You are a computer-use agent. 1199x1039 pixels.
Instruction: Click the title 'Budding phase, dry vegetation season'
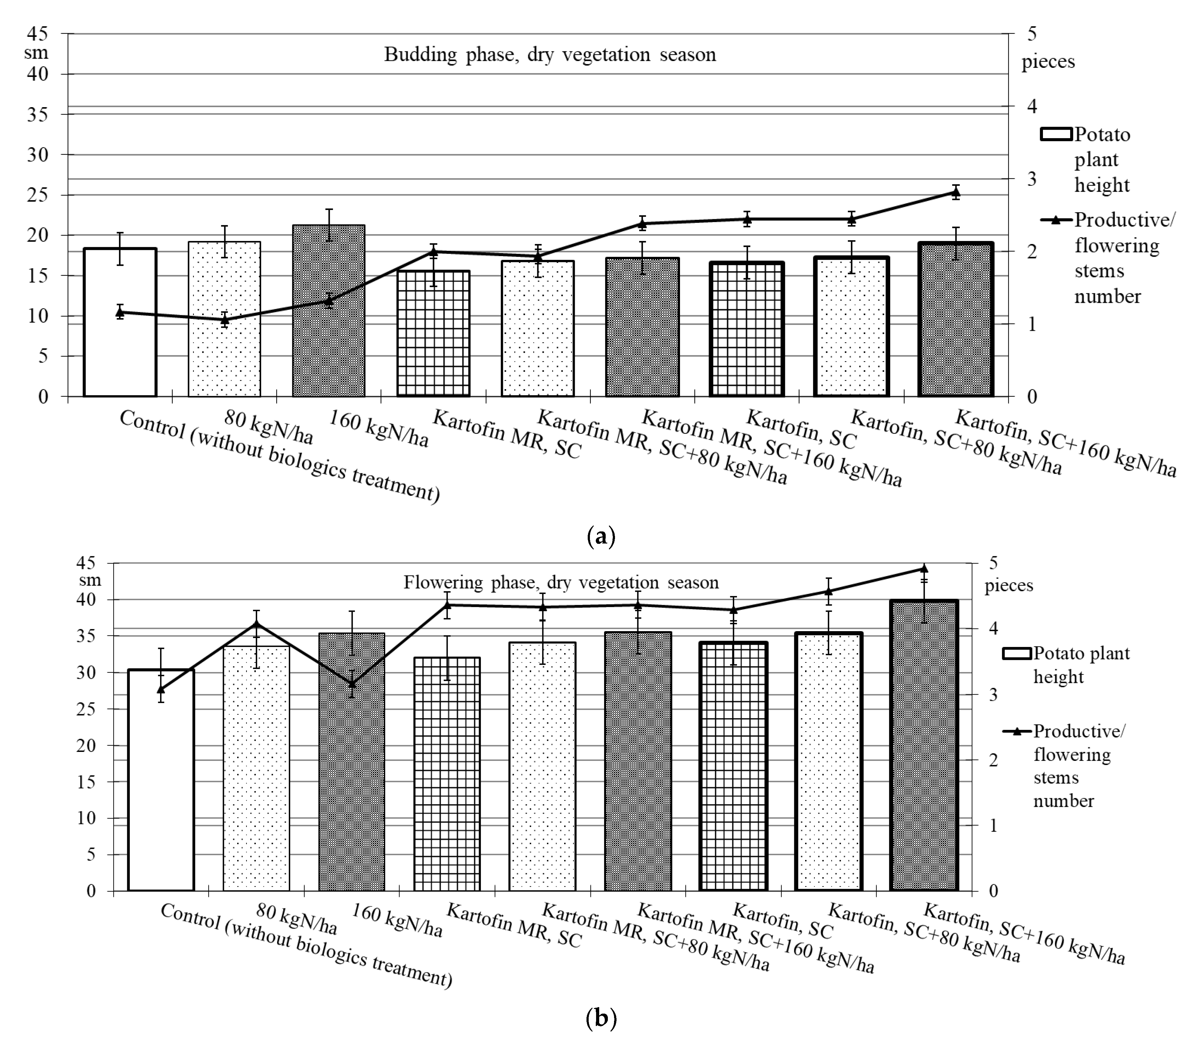click(550, 55)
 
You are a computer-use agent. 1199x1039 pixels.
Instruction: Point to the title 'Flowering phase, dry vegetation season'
click(561, 582)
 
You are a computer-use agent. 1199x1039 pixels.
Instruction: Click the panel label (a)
click(601, 535)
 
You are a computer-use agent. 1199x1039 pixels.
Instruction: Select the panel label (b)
click(601, 1018)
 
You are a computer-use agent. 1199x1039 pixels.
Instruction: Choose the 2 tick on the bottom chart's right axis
click(992, 760)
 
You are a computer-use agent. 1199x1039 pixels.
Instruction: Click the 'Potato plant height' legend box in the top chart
click(1056, 134)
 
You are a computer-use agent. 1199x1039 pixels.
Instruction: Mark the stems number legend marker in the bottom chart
click(1018, 731)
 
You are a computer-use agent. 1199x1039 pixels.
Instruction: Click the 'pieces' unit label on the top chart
click(1048, 61)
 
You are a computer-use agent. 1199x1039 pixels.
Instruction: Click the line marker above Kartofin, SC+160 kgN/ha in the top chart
click(956, 193)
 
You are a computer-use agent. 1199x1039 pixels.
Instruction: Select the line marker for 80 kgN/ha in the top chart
click(225, 320)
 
